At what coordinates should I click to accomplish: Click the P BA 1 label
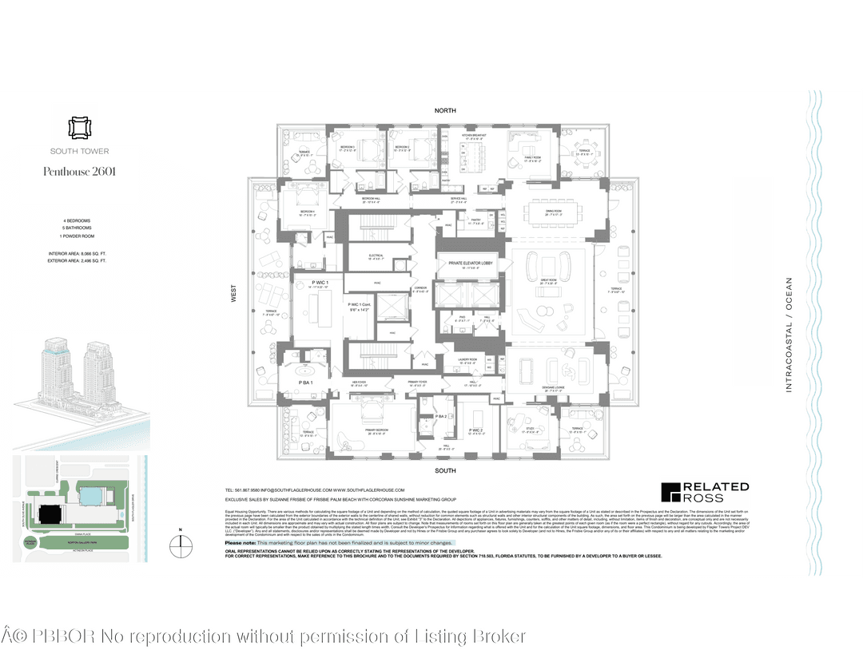tap(307, 383)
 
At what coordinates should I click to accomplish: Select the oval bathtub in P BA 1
tap(306, 371)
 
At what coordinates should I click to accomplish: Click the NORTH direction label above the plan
tap(445, 110)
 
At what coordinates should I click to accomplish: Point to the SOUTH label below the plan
tap(445, 471)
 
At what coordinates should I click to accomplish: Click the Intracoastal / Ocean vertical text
tap(789, 334)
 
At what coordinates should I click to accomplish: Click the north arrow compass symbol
tap(183, 545)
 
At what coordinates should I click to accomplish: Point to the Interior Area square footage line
tap(77, 253)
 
